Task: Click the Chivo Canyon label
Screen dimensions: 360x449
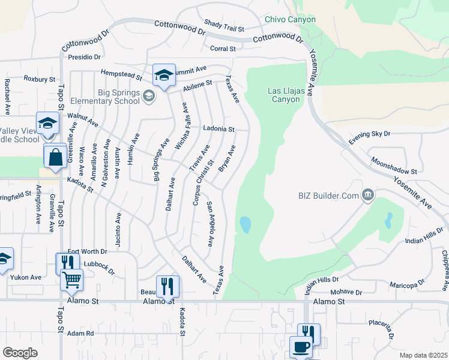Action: (290, 19)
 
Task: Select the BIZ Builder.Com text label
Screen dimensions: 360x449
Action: (327, 194)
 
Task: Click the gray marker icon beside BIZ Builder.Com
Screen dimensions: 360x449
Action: (367, 194)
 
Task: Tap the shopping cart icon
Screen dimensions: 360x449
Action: (71, 279)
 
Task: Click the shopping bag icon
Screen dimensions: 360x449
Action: (55, 158)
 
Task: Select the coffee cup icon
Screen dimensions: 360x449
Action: (301, 346)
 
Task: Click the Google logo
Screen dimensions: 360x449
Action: (20, 353)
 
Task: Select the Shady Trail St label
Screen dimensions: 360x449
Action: (224, 28)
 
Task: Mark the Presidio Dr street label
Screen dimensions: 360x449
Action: (83, 57)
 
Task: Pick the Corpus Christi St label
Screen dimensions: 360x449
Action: (203, 182)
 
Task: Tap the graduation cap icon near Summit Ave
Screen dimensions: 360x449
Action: (164, 74)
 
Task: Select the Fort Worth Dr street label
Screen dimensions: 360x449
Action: (87, 251)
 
